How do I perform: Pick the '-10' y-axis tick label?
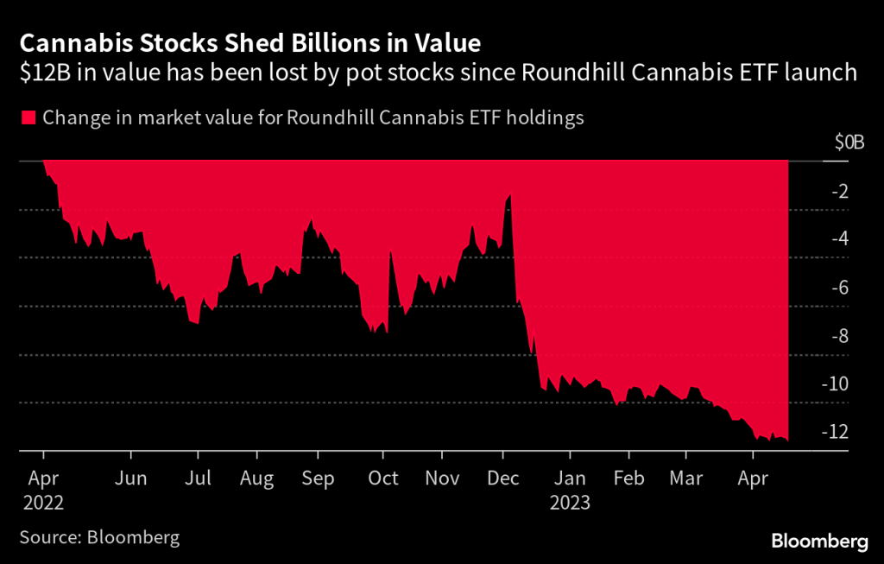tap(837, 384)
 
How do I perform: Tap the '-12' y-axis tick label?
tap(837, 432)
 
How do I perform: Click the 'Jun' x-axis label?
tap(130, 478)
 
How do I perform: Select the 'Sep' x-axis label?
tap(319, 478)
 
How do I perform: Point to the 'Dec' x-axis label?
tap(502, 478)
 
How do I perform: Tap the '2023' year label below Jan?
tap(571, 502)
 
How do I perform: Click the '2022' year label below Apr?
tap(44, 502)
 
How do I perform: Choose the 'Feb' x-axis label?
tap(628, 478)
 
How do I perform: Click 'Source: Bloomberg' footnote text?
tap(99, 537)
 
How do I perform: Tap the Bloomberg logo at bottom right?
tap(818, 542)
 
